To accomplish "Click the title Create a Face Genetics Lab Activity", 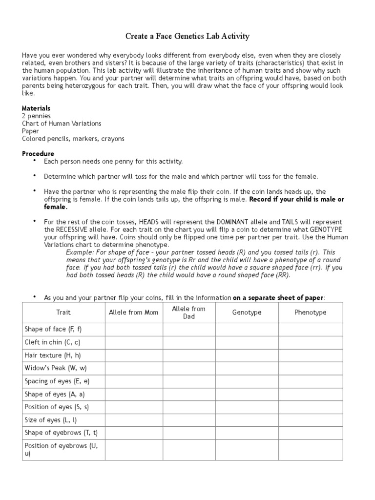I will (x=187, y=37).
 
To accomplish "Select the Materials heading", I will (x=36, y=108).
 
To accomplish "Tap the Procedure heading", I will (x=38, y=153).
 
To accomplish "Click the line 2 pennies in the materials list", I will (x=36, y=116).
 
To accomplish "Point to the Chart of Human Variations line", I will (x=62, y=124).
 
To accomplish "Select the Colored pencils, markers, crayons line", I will (x=73, y=139).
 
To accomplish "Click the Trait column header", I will (x=63, y=312).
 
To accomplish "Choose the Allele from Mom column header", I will (x=133, y=312).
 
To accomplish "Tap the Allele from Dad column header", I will (x=189, y=312).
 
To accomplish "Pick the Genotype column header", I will (x=247, y=312).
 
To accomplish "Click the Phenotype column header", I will (x=311, y=312).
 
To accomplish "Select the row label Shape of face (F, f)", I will (x=53, y=330).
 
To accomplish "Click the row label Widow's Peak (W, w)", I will (x=56, y=368).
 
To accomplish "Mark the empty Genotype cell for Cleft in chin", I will (x=247, y=342).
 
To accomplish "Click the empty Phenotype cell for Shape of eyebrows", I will (x=311, y=433).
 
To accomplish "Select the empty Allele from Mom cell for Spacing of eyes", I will (x=133, y=381).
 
